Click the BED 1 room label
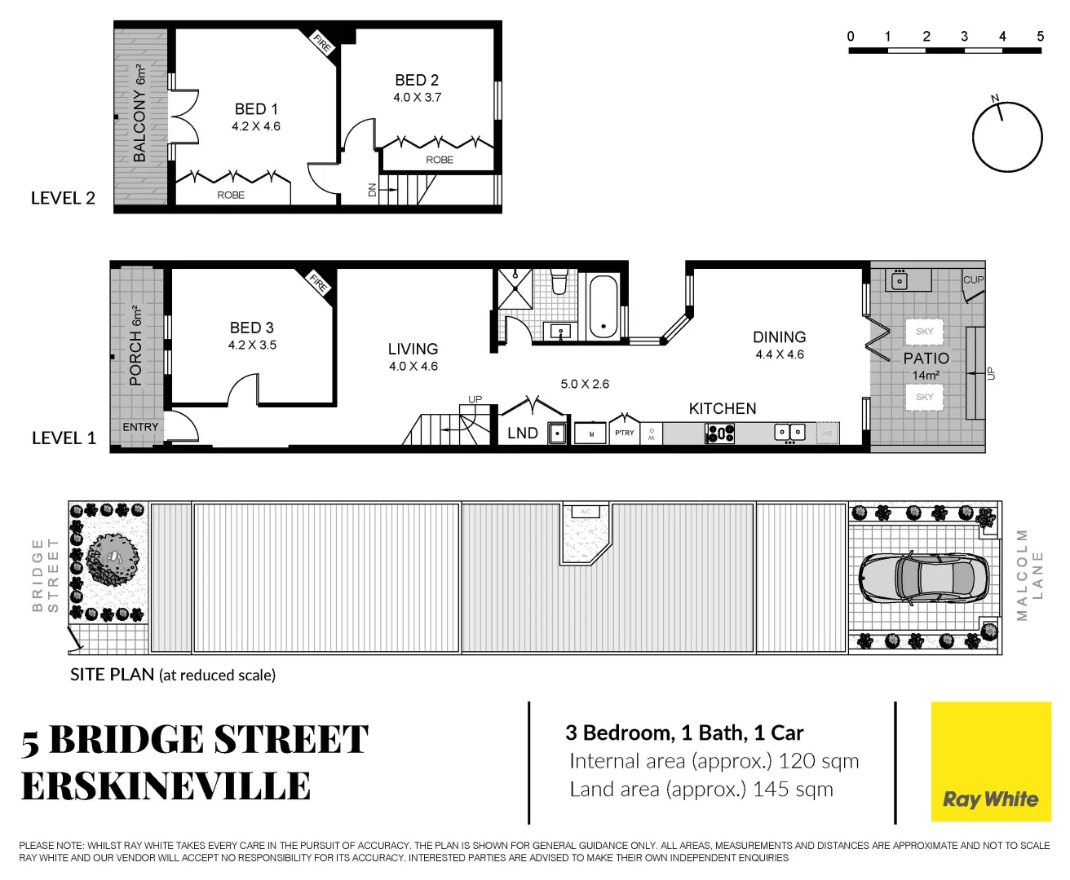coord(255,109)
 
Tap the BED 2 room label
coord(417,80)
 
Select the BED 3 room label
coord(251,328)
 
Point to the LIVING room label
coord(413,349)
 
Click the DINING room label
coord(779,337)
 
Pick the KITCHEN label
coord(723,408)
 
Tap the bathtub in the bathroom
coord(603,306)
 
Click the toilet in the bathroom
coord(559,282)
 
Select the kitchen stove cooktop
coord(720,433)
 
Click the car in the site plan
coord(917,578)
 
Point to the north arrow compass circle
coord(1007,137)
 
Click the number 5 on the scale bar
coord(1040,37)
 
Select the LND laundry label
coord(522,433)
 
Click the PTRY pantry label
coord(625,433)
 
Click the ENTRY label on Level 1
coord(140,427)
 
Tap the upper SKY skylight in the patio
coord(924,332)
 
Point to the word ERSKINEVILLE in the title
coord(166,786)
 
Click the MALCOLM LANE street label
coord(1029,574)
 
